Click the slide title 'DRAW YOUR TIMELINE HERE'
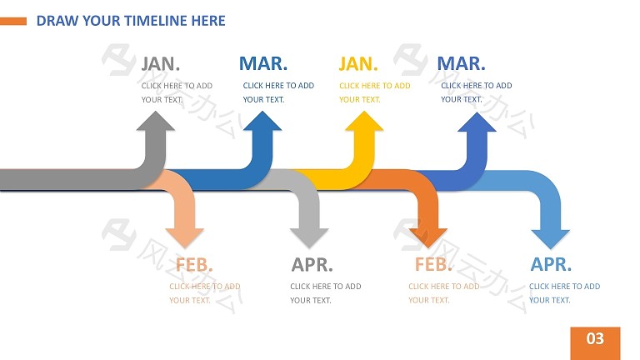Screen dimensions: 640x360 pos(131,21)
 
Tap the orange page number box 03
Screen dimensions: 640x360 pos(595,342)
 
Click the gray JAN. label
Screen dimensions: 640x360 pos(160,63)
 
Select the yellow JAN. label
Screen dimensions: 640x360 pos(358,63)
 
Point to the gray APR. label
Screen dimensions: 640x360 pos(312,264)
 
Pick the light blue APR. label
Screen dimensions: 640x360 pos(551,264)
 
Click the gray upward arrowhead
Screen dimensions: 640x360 pos(156,121)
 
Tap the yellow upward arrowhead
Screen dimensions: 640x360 pos(364,121)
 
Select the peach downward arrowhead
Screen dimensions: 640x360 pos(184,238)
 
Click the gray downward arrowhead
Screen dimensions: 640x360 pos(309,238)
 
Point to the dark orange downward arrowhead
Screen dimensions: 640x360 pos(428,238)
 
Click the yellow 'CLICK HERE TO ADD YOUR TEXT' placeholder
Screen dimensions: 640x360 pos(375,92)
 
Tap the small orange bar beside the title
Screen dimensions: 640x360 pos(13,21)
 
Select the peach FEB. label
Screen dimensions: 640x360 pos(194,264)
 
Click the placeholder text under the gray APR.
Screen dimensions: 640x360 pos(326,293)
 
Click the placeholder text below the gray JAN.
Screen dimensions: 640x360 pos(177,92)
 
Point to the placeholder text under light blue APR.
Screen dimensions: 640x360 pos(564,293)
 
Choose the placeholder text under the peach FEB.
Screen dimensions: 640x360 pos(205,293)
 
